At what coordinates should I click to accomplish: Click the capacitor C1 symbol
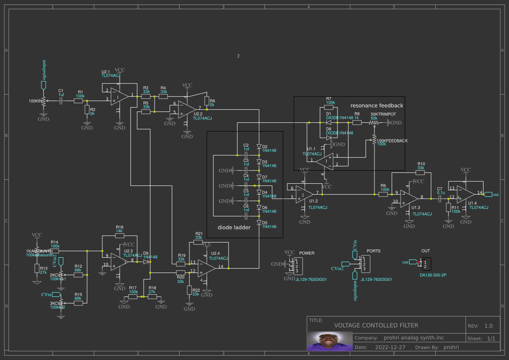(x=61, y=101)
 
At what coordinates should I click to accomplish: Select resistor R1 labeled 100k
(x=78, y=101)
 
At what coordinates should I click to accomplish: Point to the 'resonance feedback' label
(x=377, y=105)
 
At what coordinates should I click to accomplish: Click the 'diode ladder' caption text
(x=234, y=227)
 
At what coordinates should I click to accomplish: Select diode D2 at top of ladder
(x=259, y=147)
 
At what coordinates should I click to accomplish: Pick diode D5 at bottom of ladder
(x=259, y=222)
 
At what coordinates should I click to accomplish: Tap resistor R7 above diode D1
(x=329, y=107)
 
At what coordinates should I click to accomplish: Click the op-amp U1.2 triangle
(x=303, y=194)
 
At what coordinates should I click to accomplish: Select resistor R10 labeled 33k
(x=421, y=172)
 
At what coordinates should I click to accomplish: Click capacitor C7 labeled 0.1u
(x=440, y=198)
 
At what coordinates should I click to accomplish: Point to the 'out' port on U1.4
(x=489, y=194)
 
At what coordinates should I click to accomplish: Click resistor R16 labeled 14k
(x=119, y=236)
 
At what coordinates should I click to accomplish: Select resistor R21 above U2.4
(x=199, y=242)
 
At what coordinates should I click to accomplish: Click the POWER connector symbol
(x=299, y=266)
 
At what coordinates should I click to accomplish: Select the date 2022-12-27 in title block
(x=390, y=347)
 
